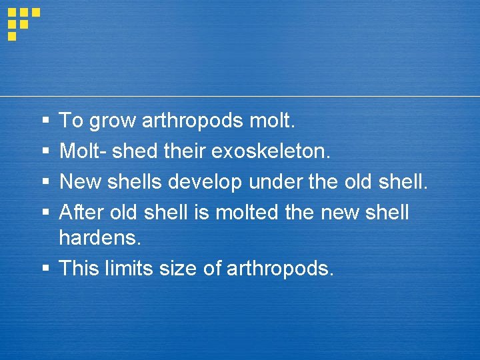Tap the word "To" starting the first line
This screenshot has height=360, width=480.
pos(71,121)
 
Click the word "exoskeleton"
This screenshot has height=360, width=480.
pos(269,151)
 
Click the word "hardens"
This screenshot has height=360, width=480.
pos(99,238)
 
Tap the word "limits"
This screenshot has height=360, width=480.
pos(127,269)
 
